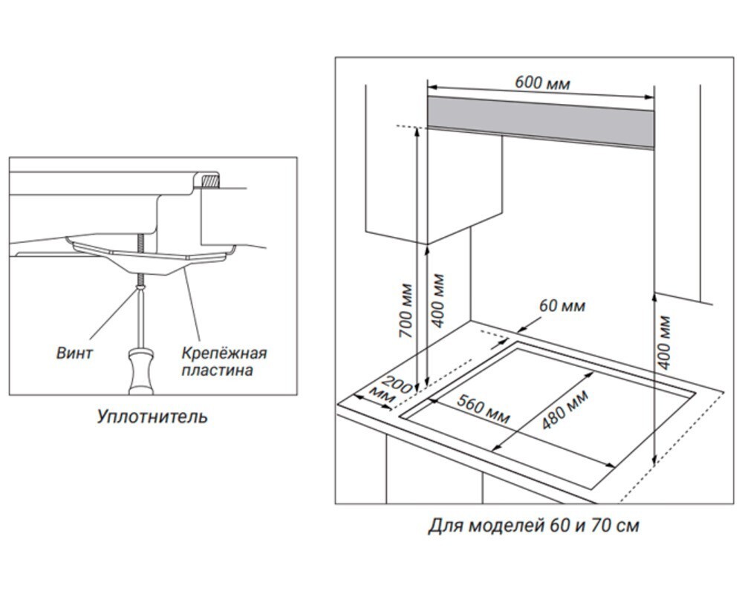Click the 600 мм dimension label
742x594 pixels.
pyautogui.click(x=542, y=82)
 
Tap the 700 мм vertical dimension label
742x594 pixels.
pyautogui.click(x=406, y=310)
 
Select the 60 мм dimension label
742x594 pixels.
pyautogui.click(x=562, y=306)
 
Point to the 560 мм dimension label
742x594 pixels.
pyautogui.click(x=483, y=410)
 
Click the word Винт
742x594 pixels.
pyautogui.click(x=75, y=352)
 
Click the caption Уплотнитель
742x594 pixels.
pyautogui.click(x=152, y=417)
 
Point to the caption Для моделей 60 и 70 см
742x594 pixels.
pyautogui.click(x=533, y=526)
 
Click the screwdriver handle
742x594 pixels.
pyautogui.click(x=140, y=371)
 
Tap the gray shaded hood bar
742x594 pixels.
pyautogui.click(x=540, y=115)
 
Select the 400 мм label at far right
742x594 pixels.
pyautogui.click(x=664, y=342)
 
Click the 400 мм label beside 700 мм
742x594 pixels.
pyautogui.click(x=438, y=301)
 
